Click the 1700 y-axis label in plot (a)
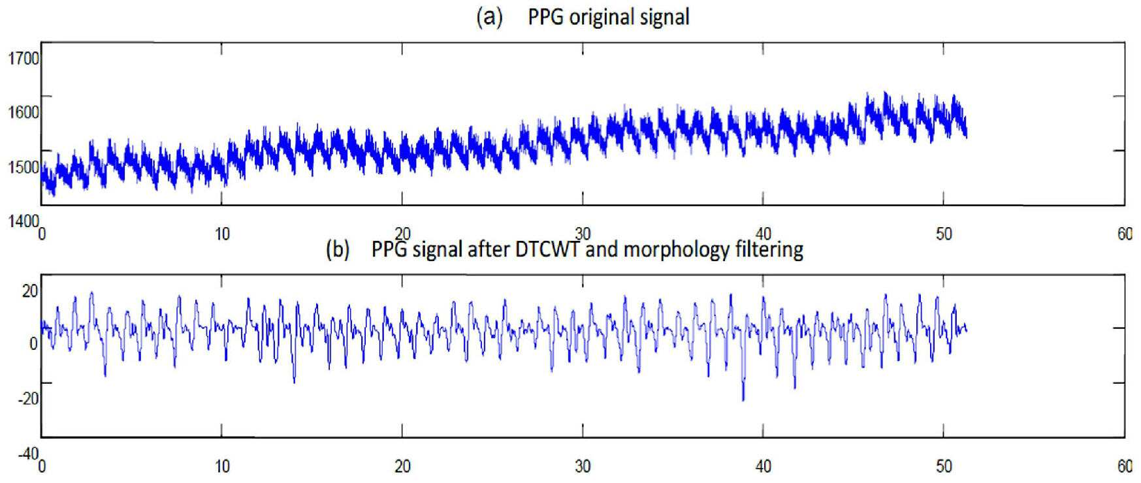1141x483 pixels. [23, 59]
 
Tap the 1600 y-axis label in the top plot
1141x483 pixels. [23, 112]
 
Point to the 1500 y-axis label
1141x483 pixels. [23, 167]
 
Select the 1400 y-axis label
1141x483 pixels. [23, 222]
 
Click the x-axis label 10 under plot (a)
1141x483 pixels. [223, 234]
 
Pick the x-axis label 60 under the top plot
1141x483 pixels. [1125, 234]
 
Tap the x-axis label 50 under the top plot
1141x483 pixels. [944, 234]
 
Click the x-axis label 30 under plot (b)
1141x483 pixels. [583, 466]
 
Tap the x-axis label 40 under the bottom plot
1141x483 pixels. [763, 466]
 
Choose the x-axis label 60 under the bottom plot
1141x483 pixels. [1125, 466]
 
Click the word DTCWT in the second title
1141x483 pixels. [547, 249]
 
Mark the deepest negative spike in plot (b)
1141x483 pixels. [743, 399]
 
